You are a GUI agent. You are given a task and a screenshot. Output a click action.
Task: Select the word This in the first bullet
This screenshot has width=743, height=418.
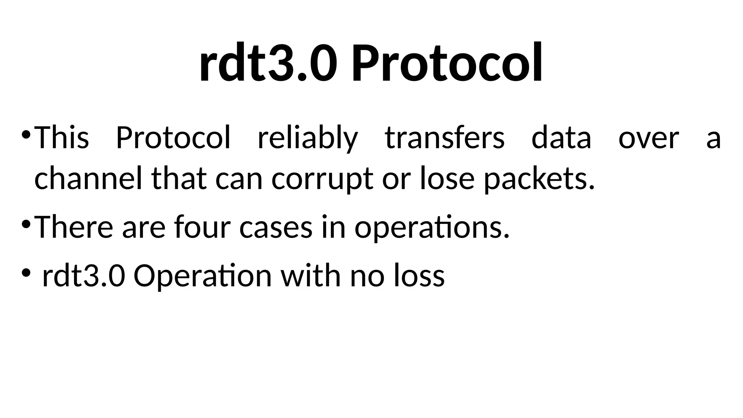(61, 138)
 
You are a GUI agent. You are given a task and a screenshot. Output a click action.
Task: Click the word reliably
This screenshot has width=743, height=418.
(308, 138)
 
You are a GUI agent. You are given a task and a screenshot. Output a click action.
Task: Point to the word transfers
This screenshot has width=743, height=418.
(444, 138)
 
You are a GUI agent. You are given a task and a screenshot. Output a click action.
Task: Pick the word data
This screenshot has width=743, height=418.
(561, 138)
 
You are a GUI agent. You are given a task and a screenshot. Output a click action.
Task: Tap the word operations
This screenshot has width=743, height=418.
(432, 228)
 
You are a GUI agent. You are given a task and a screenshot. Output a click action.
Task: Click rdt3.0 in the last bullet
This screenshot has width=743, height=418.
(84, 276)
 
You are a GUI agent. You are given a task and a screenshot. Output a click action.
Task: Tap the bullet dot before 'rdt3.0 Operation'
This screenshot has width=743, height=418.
(26, 272)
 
